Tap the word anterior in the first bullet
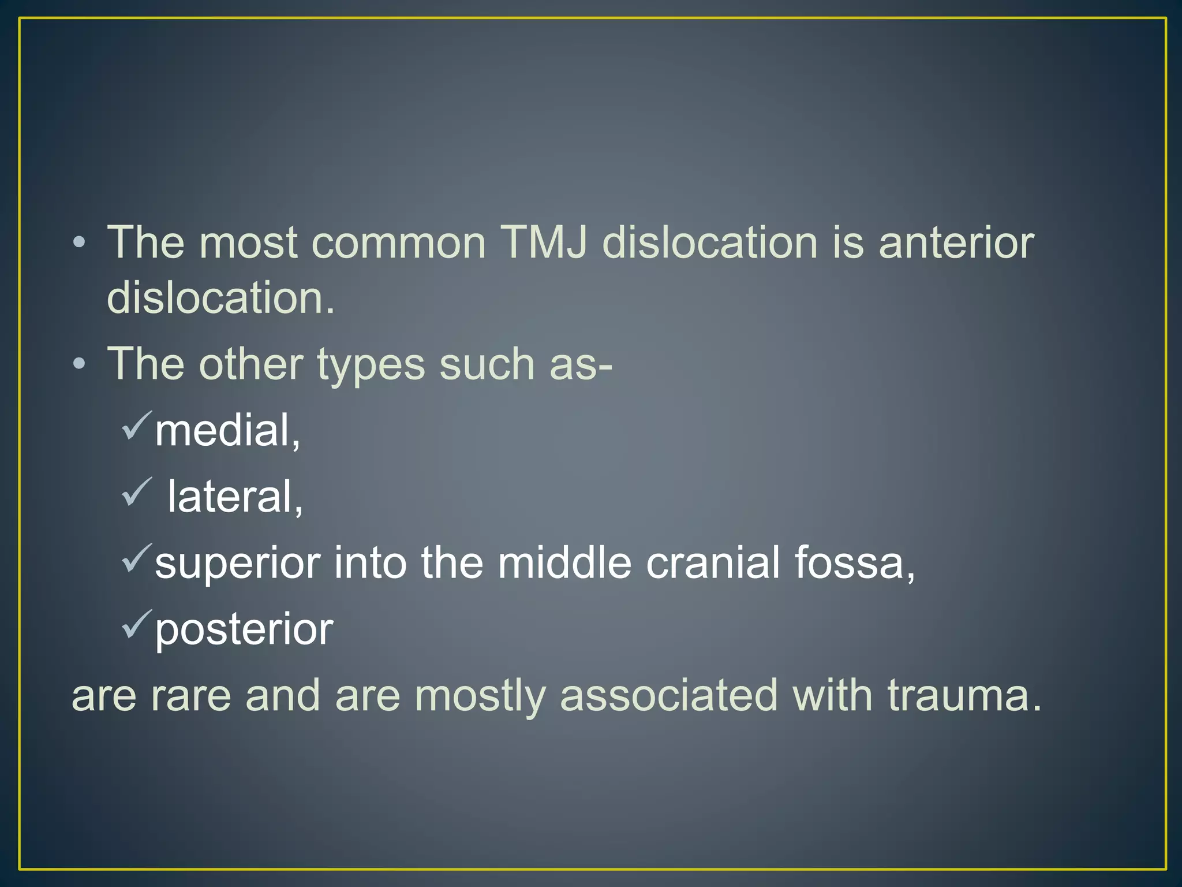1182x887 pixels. point(956,243)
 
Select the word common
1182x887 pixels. point(399,243)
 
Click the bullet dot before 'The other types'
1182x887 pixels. point(80,364)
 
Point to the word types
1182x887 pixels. point(371,365)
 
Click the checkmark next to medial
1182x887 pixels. point(136,426)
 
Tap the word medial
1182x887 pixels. point(227,431)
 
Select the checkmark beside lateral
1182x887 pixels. point(136,492)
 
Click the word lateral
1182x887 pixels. point(234,497)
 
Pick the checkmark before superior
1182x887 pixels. point(136,558)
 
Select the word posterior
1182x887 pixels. point(244,629)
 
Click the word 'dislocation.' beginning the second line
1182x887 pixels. point(220,298)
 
